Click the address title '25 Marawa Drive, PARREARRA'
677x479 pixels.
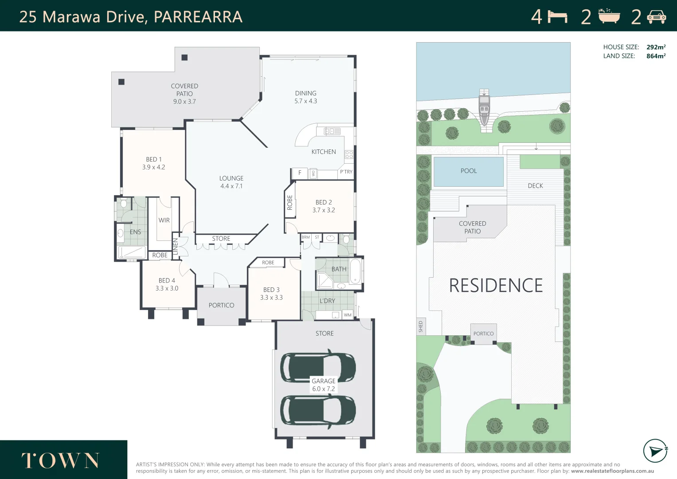click(131, 17)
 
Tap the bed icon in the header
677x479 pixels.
click(557, 17)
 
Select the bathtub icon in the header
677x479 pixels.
click(609, 16)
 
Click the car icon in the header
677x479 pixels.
click(656, 17)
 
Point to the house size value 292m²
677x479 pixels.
click(656, 47)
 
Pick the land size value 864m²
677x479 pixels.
click(656, 56)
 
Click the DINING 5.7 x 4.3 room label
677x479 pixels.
click(305, 97)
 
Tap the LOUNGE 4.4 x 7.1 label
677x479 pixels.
click(231, 182)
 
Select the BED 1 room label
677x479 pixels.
click(154, 163)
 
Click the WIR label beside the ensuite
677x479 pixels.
click(164, 220)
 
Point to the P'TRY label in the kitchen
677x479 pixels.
click(346, 172)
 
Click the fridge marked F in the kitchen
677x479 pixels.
click(300, 173)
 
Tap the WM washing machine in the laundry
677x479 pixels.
click(348, 315)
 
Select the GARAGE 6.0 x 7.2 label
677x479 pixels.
click(323, 385)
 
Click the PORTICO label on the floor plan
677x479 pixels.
click(221, 305)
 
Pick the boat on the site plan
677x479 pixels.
click(484, 106)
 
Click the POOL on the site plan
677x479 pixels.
click(469, 171)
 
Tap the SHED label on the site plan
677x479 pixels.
click(421, 326)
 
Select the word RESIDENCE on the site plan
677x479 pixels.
click(496, 285)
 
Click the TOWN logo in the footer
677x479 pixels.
click(60, 461)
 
